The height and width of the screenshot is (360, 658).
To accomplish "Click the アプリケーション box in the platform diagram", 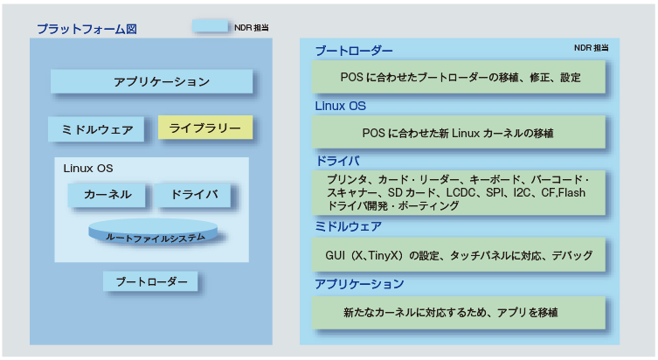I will (151, 81).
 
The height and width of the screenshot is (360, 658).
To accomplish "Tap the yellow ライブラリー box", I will (205, 128).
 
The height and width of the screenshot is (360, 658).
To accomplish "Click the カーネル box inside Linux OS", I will (107, 194).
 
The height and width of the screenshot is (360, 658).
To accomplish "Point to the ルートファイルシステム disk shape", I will (155, 236).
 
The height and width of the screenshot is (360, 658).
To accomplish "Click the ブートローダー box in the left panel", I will (150, 282).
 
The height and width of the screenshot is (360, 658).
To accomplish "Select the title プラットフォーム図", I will (86, 28).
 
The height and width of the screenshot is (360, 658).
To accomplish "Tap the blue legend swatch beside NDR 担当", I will (211, 26).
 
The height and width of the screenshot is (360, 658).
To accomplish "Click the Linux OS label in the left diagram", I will (87, 168).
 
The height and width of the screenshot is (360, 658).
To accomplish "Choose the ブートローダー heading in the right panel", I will (353, 52).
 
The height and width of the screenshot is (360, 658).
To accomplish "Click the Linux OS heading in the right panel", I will (340, 106).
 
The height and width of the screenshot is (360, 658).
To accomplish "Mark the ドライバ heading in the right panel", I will (336, 161).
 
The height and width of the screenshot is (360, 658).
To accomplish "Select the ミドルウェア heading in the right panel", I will (347, 226).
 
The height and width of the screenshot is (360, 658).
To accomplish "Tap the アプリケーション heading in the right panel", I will (358, 284).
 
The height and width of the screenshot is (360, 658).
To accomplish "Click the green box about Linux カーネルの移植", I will (459, 133).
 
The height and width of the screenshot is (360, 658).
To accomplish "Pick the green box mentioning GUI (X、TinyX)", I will (459, 255).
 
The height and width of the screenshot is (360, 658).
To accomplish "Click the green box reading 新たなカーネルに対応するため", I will (459, 311).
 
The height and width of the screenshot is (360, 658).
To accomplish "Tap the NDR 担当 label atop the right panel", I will (591, 47).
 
